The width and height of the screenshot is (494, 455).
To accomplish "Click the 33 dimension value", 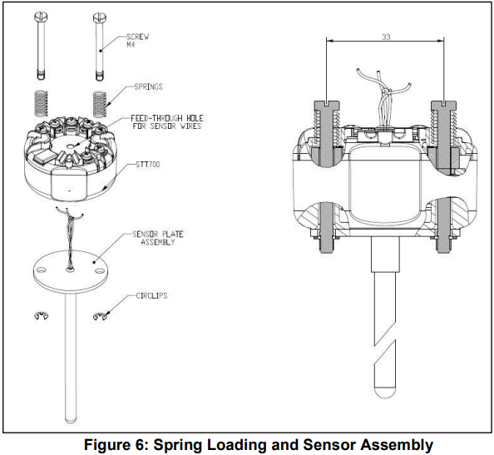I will [x=386, y=37].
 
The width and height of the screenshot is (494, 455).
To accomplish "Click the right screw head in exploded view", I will [x=100, y=17].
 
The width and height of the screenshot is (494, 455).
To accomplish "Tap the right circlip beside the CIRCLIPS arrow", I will [x=102, y=314].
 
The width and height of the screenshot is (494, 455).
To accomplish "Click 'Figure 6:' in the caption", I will [x=122, y=445].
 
